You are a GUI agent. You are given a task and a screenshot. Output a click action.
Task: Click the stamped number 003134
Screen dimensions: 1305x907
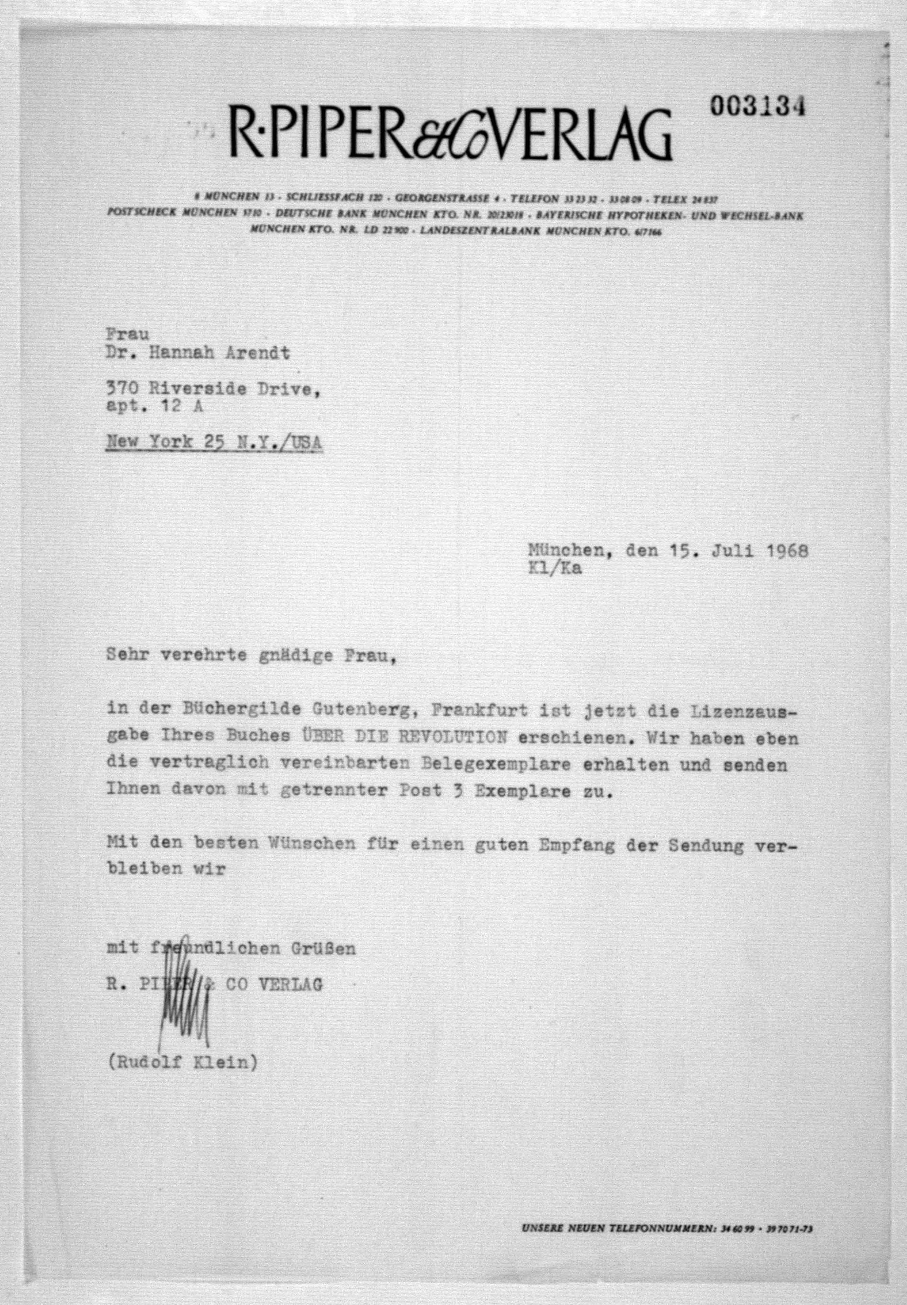tap(758, 107)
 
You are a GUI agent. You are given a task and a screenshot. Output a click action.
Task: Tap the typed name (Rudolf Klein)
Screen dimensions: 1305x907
tap(182, 1061)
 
